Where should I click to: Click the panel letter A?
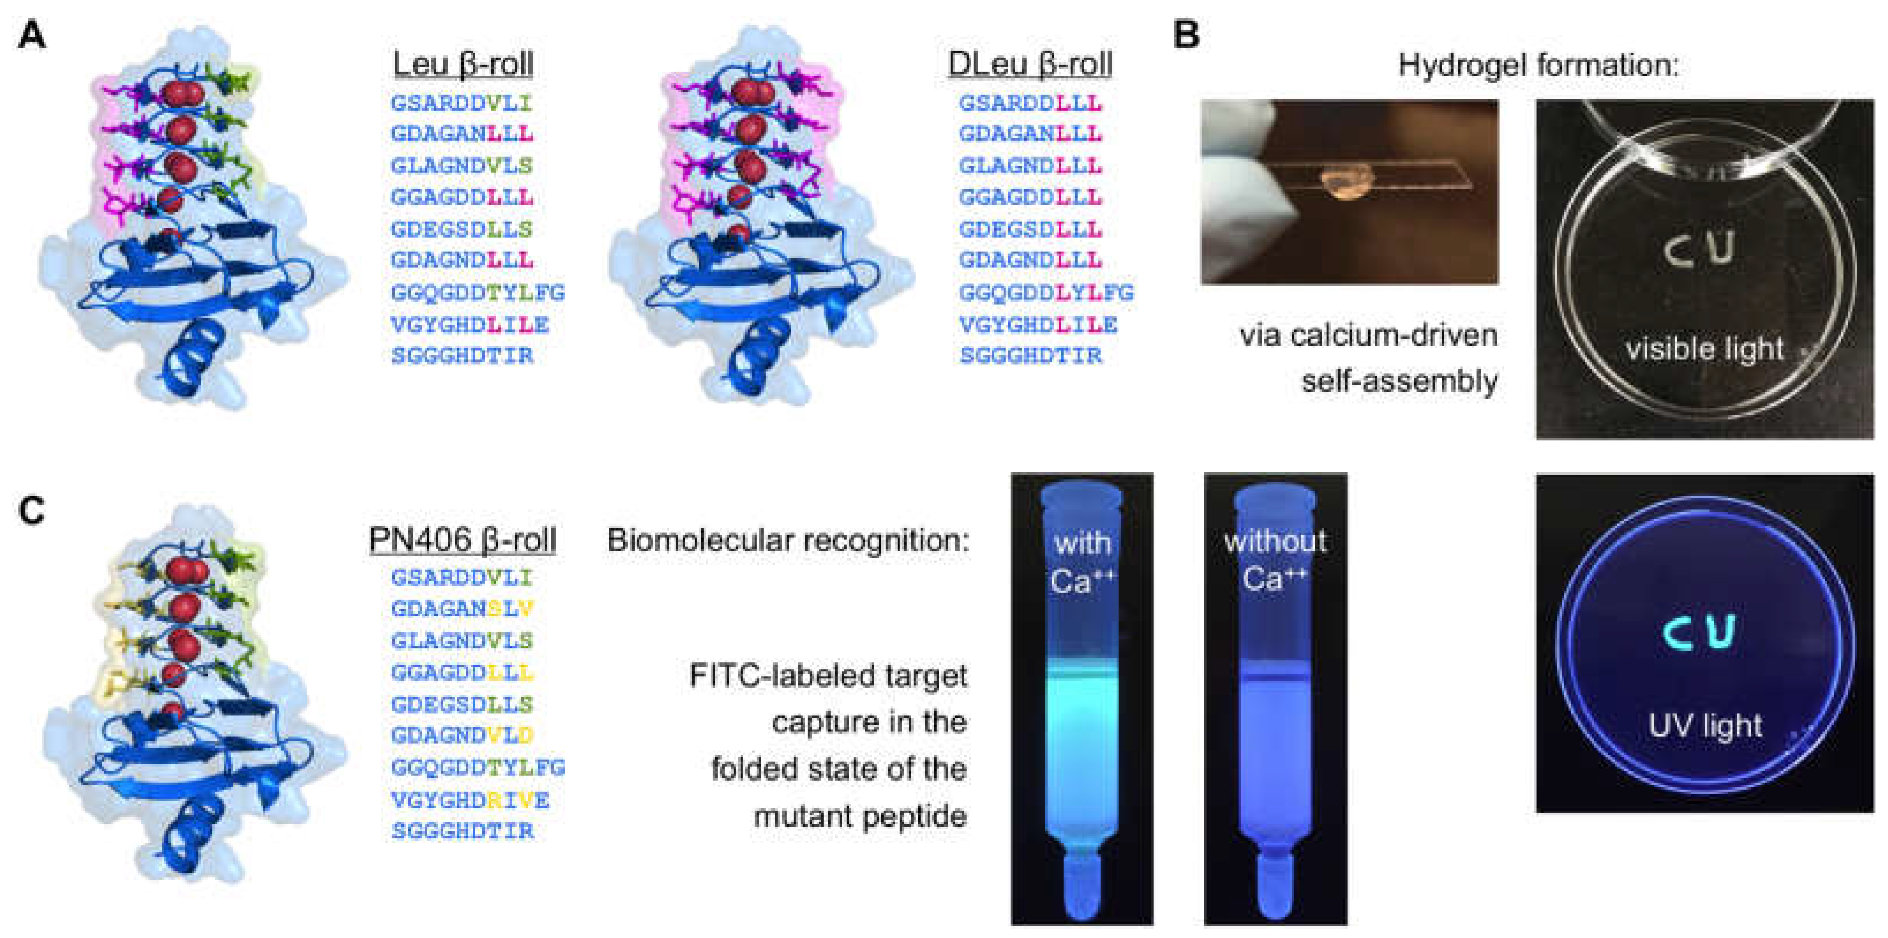tap(32, 35)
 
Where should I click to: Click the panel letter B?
tap(1186, 35)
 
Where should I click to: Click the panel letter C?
tap(32, 511)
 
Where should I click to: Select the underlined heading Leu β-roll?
tap(463, 64)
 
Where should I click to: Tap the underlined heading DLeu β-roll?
tap(1030, 64)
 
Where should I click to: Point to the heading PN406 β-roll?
tap(463, 540)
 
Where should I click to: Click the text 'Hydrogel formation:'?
tap(1538, 65)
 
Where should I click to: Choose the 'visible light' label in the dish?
tap(1704, 349)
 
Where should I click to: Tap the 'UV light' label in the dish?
tap(1705, 726)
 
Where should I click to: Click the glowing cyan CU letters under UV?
tap(1699, 632)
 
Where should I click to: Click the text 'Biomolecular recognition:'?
tap(788, 541)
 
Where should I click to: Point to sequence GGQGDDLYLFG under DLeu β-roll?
tap(1046, 292)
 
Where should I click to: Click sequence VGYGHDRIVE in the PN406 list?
tap(470, 800)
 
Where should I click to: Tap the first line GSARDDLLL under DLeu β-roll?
tap(1030, 103)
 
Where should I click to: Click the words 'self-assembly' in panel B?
tap(1399, 381)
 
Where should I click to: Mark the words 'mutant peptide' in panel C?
tap(859, 816)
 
